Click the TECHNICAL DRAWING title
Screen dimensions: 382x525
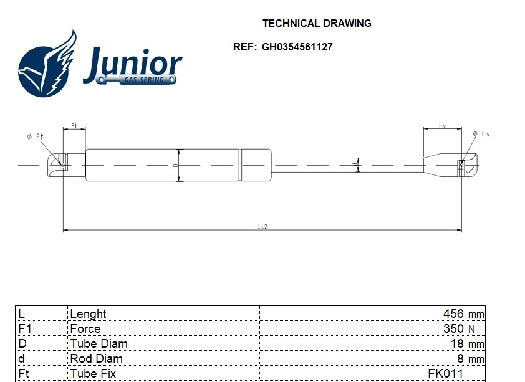(x=317, y=23)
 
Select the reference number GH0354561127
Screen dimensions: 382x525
(x=297, y=47)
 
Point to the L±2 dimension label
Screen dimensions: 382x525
(x=262, y=226)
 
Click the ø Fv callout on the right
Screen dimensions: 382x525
(x=481, y=134)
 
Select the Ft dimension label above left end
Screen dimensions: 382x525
(x=74, y=126)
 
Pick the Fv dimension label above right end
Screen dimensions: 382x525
(x=442, y=126)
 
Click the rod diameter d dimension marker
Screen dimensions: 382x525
(x=356, y=165)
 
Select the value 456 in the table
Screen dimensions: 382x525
(x=453, y=313)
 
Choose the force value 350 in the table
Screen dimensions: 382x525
(x=453, y=328)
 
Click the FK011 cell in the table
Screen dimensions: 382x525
(x=445, y=373)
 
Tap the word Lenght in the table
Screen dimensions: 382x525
(x=88, y=313)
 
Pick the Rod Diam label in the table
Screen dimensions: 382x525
(x=96, y=358)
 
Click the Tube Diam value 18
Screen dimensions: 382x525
(x=457, y=343)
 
